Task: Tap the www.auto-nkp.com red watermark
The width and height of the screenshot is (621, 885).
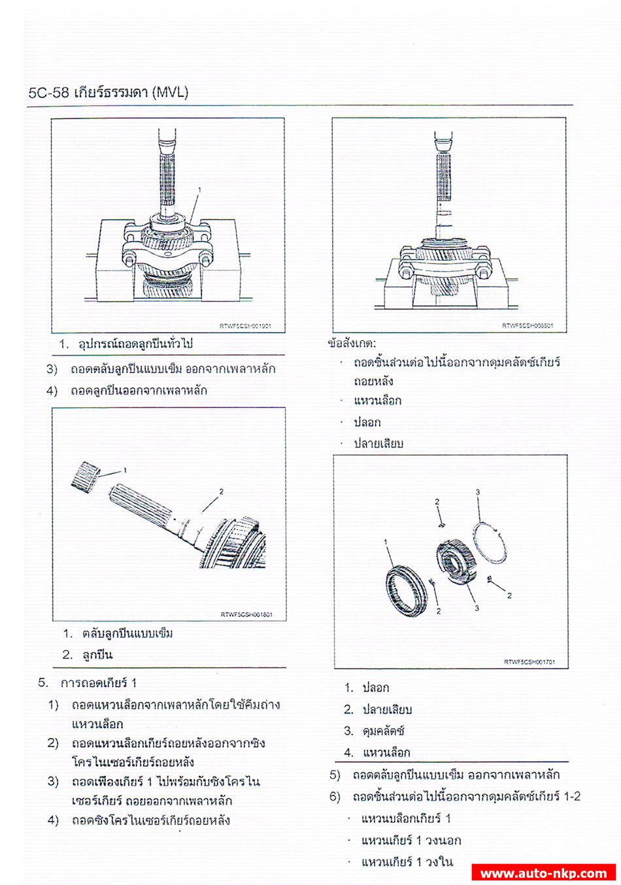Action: (543, 873)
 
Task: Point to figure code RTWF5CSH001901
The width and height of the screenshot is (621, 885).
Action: (245, 326)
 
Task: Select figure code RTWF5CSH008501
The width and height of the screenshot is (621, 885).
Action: (528, 326)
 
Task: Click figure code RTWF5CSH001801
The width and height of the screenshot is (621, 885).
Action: (246, 614)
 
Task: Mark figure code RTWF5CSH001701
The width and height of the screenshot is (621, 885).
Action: (529, 661)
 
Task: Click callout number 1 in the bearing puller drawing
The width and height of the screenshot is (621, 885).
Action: (199, 190)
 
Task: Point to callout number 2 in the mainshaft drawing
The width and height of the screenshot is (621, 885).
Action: (221, 492)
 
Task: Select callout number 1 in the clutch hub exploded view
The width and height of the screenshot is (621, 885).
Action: (386, 542)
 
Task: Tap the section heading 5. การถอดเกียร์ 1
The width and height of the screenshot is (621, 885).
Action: (88, 683)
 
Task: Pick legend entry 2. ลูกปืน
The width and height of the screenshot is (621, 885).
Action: (88, 654)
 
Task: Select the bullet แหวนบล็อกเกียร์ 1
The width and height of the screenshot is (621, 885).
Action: (405, 818)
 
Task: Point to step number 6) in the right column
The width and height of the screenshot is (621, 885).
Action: (335, 797)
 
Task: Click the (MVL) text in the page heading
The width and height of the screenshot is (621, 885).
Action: (169, 92)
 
